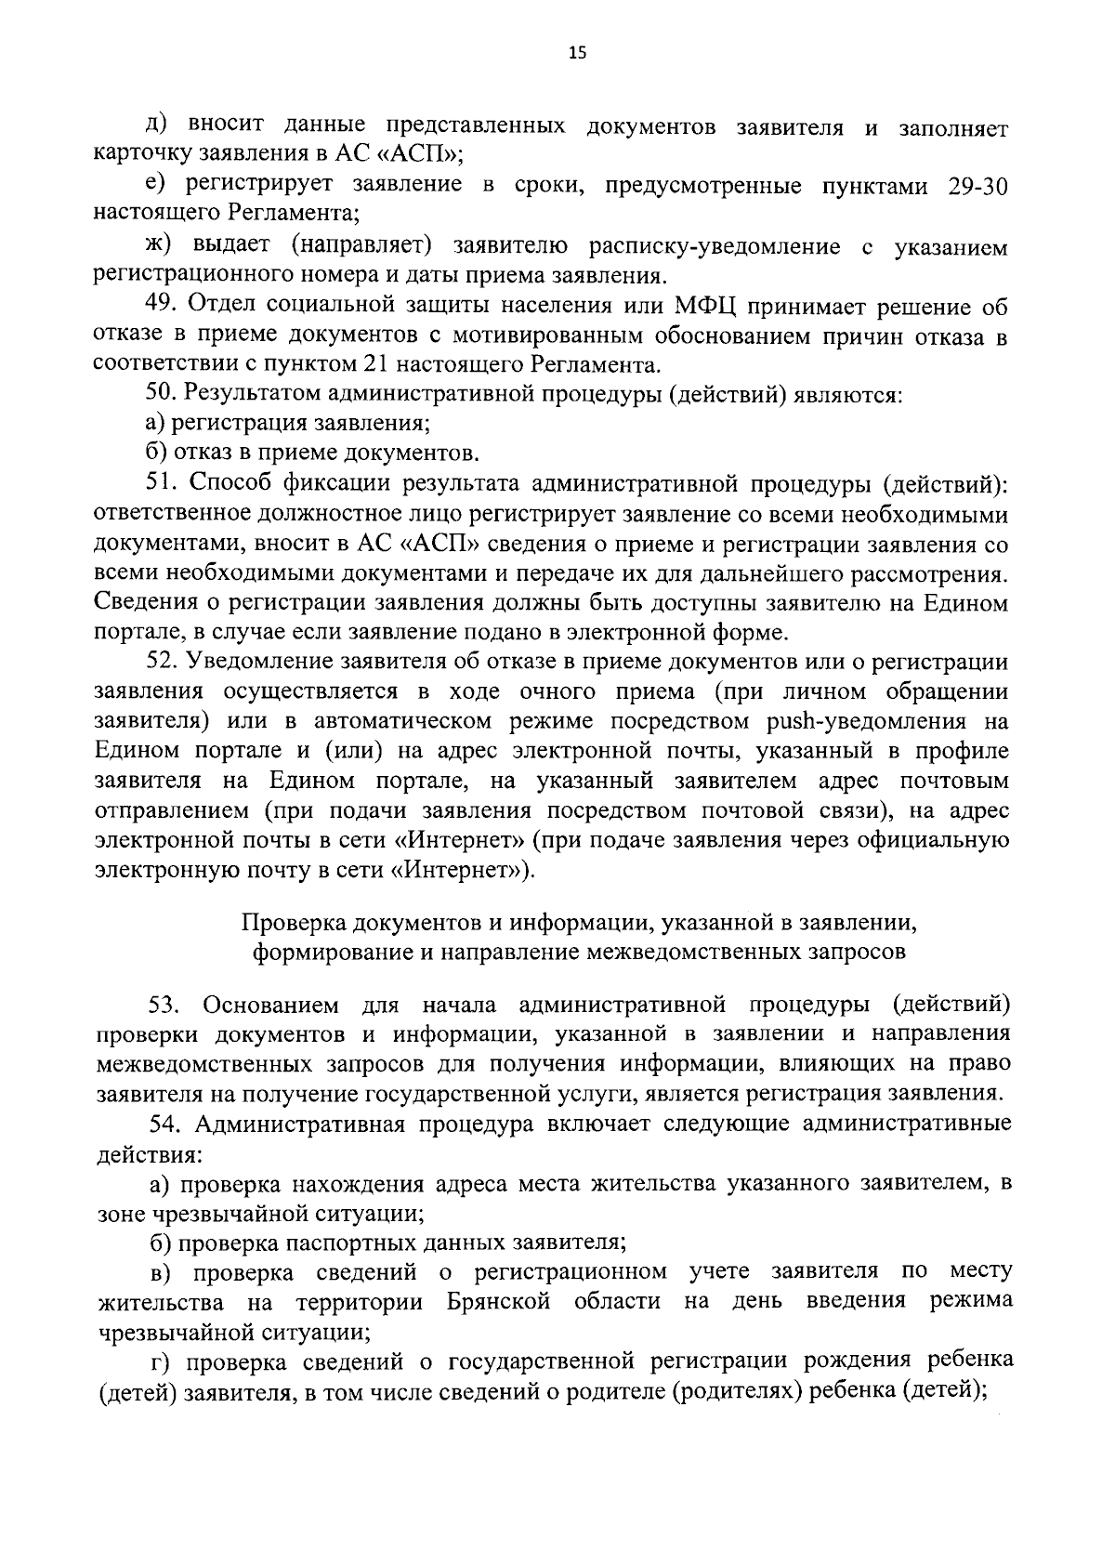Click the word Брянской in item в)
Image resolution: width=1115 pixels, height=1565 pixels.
497,1302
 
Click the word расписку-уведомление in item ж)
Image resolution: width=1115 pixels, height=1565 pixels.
715,246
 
